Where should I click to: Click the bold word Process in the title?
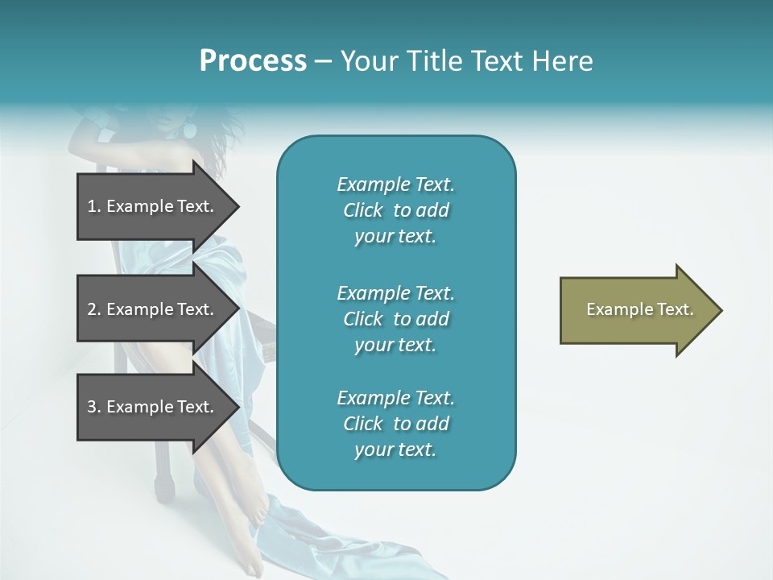click(253, 61)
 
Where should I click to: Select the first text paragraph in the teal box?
click(395, 210)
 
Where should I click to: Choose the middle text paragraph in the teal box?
click(395, 319)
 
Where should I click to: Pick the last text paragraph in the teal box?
click(395, 424)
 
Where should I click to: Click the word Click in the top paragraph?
click(363, 210)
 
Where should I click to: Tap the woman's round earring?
click(192, 130)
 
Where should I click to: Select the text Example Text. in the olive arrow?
click(639, 309)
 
